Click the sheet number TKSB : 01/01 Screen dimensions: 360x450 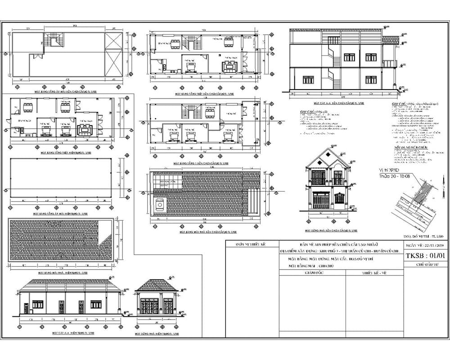pyautogui.click(x=425, y=257)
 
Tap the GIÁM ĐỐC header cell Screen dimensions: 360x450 pyautogui.click(x=315, y=273)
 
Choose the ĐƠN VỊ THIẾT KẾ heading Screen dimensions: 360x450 pyautogui.click(x=252, y=245)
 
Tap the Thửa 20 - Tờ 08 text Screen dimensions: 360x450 pyautogui.click(x=395, y=177)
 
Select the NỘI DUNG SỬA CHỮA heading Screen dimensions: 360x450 pyautogui.click(x=410, y=147)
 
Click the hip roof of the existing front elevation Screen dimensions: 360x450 pyautogui.click(x=155, y=285)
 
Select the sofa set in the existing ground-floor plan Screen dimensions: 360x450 pyautogui.click(x=85, y=130)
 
